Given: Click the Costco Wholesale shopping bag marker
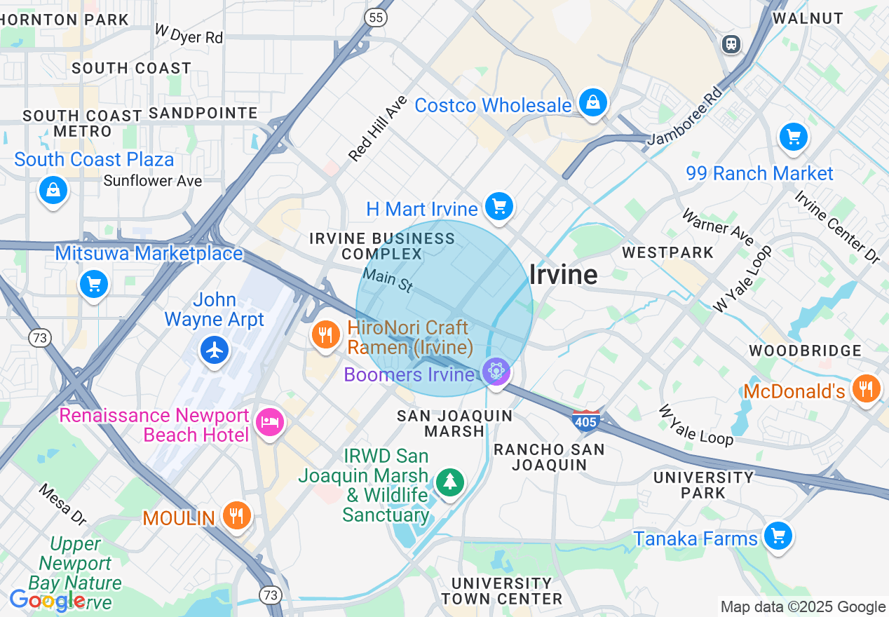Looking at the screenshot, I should [x=593, y=104].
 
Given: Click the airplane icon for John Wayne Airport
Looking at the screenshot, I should [x=215, y=349].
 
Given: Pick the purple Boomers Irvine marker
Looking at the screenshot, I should [x=496, y=371].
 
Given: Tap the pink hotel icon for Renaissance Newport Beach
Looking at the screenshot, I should [x=269, y=421].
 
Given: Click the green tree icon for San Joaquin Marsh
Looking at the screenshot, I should [x=449, y=482].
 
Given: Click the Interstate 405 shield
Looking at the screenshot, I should [x=585, y=421].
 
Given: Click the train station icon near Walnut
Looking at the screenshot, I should [x=731, y=44].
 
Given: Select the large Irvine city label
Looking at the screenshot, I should [x=563, y=275].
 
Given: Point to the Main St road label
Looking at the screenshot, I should [x=388, y=280].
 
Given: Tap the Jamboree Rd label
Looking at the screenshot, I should [x=684, y=116].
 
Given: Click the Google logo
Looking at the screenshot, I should [x=47, y=601].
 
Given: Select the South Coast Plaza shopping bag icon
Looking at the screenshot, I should [x=53, y=189].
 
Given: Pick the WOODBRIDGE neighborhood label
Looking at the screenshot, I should [x=805, y=350].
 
